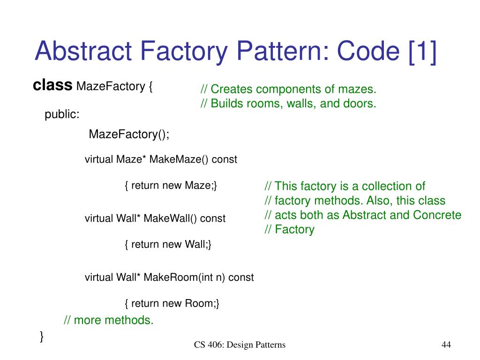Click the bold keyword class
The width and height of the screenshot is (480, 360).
[x=52, y=86]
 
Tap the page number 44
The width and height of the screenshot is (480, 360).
[x=446, y=345]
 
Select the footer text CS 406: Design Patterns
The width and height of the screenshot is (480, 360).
[x=240, y=345]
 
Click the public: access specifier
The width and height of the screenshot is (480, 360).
[x=62, y=115]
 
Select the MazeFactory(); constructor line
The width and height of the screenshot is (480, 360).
[x=129, y=135]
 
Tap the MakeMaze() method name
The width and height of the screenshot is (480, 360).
[x=179, y=159]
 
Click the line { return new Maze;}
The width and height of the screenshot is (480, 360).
[x=171, y=186]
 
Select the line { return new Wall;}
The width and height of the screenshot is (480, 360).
[x=168, y=245]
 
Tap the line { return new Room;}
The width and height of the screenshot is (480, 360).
[x=172, y=304]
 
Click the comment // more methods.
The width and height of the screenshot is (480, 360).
[x=108, y=321]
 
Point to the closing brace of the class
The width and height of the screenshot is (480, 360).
[x=42, y=336]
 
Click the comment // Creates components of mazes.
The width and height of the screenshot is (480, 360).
[x=288, y=90]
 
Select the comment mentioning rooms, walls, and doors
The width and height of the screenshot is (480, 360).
[x=288, y=104]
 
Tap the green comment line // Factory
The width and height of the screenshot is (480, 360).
[x=289, y=230]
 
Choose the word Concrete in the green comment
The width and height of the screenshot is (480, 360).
[x=437, y=215]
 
